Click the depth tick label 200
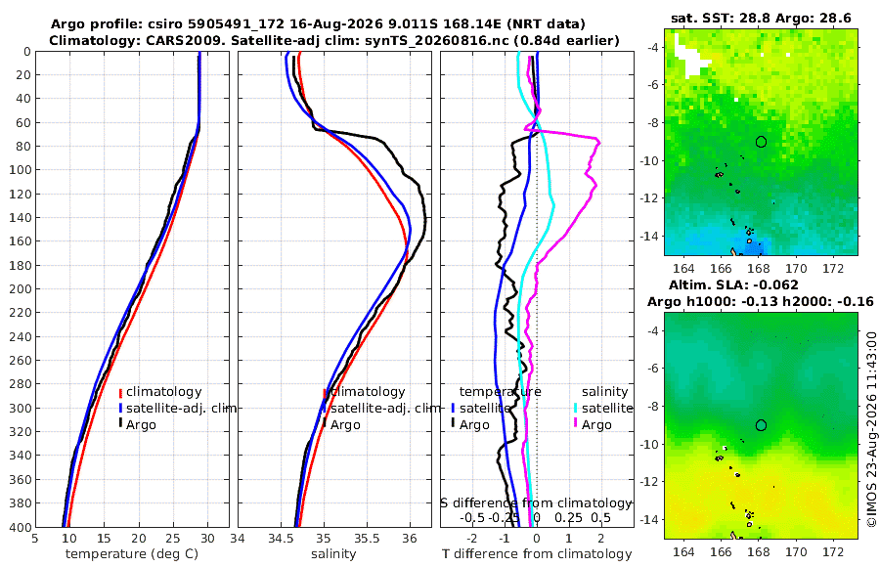pos(20,288)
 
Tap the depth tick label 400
pos(20,527)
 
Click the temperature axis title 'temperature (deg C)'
pos(132,554)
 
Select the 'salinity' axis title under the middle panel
pos(334,554)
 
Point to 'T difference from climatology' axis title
pos(537,554)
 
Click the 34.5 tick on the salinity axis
pos(281,539)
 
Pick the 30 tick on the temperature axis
pos(207,539)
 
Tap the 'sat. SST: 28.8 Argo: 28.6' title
pos(761,18)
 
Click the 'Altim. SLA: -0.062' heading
pos(733,284)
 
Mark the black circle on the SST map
pos(761,142)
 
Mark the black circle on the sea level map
pos(761,425)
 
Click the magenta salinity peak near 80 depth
pos(598,142)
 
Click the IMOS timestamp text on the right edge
pos(871,429)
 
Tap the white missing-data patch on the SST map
pos(689,57)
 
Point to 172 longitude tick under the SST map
pos(833,268)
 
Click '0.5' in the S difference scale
pos(600,517)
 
